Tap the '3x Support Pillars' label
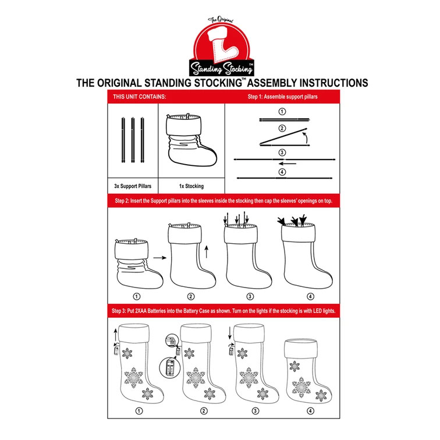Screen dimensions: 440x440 [x=133, y=186]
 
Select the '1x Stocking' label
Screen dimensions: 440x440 [x=191, y=186]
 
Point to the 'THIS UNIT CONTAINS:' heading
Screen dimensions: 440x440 [x=140, y=97]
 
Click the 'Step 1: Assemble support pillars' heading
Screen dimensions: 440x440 [x=283, y=97]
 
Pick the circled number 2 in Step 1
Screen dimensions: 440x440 [x=282, y=129]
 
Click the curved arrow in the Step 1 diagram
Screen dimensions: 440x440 [x=305, y=138]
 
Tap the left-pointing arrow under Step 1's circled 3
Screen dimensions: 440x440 [x=288, y=164]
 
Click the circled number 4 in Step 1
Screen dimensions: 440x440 [x=282, y=172]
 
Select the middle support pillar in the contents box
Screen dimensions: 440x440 [x=133, y=140]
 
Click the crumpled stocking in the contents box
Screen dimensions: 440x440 [x=191, y=140]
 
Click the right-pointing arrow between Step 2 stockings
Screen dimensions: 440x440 [x=159, y=258]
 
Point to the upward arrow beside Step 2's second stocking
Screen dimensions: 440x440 [x=207, y=251]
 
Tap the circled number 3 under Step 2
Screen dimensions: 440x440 [x=250, y=296]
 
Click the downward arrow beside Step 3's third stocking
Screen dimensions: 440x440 [x=230, y=333]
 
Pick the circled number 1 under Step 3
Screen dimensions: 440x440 [x=139, y=411]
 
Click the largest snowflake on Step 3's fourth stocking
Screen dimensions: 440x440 [x=301, y=388]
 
